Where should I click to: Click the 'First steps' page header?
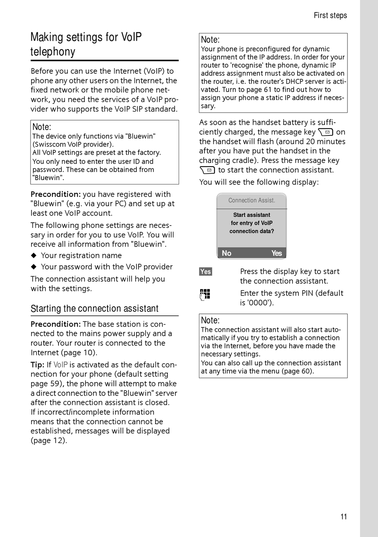coord(330,16)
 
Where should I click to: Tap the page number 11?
coord(344,517)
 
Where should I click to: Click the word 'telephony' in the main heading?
coord(53,52)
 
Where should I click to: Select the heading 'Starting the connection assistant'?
coord(95,309)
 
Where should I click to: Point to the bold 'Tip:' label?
coord(37,365)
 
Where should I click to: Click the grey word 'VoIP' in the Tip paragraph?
coord(60,365)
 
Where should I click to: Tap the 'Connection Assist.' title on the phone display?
coord(251,200)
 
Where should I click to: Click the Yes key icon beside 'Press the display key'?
coord(206,272)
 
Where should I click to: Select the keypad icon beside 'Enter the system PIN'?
coord(205,294)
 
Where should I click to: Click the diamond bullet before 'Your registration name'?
coord(34,255)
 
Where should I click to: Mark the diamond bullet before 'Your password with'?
coord(34,267)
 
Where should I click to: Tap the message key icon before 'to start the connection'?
coord(207,170)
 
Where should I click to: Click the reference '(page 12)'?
coord(49,441)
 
